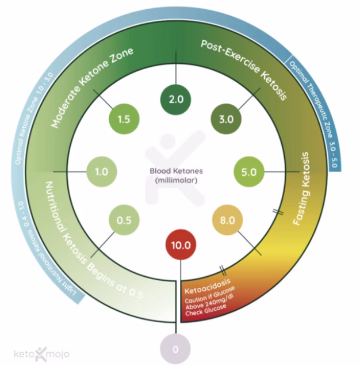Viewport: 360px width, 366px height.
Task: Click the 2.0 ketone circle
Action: pos(176,99)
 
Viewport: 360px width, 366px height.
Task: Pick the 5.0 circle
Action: pos(249,171)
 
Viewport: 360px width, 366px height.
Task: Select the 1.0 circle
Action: pos(102,171)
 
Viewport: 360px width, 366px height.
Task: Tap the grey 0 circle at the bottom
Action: pos(177,348)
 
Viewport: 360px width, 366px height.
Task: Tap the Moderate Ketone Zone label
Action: pos(92,87)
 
